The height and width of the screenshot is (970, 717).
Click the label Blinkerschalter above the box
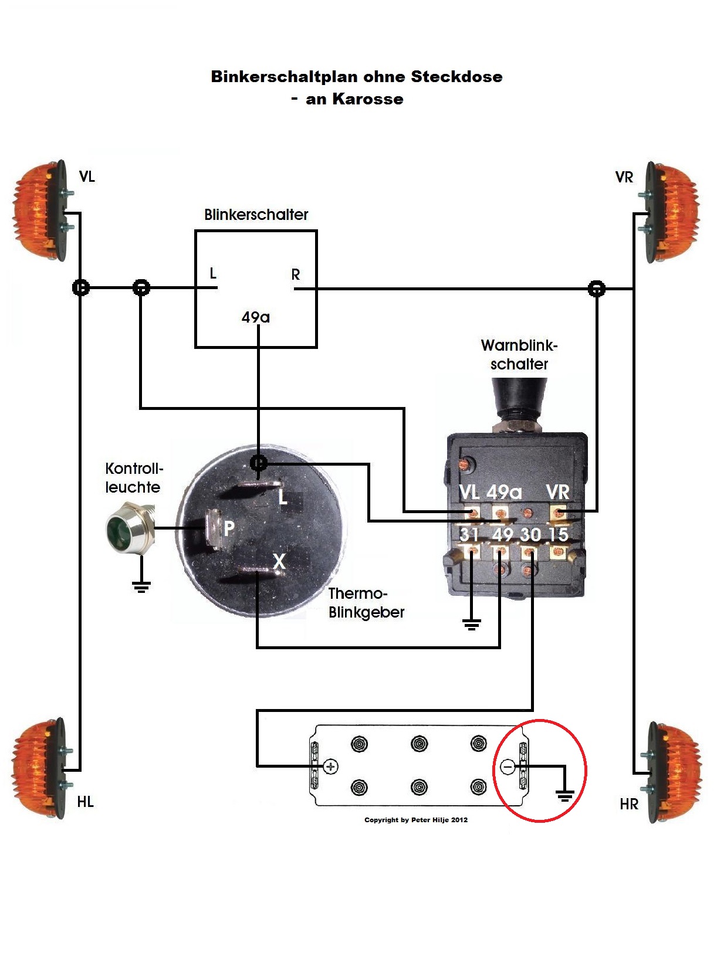click(x=256, y=215)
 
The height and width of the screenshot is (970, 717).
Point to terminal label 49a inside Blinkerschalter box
click(x=256, y=317)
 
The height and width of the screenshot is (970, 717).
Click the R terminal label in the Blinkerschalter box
click(x=296, y=274)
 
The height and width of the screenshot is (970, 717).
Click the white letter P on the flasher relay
click(x=229, y=528)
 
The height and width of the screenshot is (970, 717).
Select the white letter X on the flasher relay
click(x=279, y=561)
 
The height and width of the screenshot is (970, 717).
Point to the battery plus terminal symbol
click(x=331, y=766)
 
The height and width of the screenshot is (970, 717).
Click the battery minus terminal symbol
click(x=508, y=766)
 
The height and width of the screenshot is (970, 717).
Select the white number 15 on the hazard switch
click(x=558, y=534)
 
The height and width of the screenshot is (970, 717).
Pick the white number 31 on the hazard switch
click(x=469, y=534)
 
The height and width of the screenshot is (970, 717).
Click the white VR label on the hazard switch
click(x=557, y=492)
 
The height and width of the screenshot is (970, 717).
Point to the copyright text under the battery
click(x=416, y=820)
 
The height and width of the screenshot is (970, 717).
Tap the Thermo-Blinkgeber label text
click(x=366, y=603)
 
